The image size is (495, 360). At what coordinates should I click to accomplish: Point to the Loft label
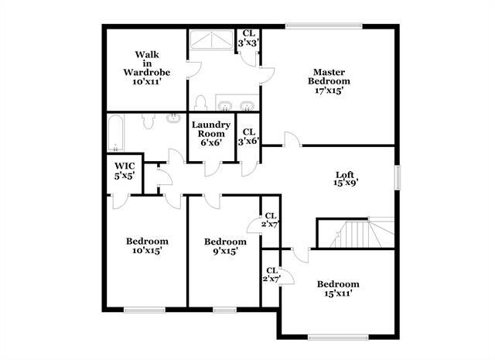pyautogui.click(x=345, y=179)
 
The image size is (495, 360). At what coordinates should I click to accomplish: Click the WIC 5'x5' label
pyautogui.click(x=125, y=170)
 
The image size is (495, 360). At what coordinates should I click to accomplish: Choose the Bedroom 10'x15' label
pyautogui.click(x=146, y=245)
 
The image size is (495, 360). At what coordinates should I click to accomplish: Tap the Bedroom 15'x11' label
pyautogui.click(x=338, y=288)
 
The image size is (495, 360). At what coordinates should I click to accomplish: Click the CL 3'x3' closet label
pyautogui.click(x=248, y=38)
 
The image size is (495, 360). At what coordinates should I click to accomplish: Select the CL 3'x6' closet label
pyautogui.click(x=248, y=136)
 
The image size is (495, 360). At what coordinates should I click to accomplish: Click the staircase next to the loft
pyautogui.click(x=356, y=232)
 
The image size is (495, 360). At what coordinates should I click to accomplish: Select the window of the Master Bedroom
pyautogui.click(x=323, y=27)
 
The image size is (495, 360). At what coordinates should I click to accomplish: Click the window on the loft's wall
pyautogui.click(x=399, y=177)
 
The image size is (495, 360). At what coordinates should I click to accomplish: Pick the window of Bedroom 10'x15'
pyautogui.click(x=145, y=310)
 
